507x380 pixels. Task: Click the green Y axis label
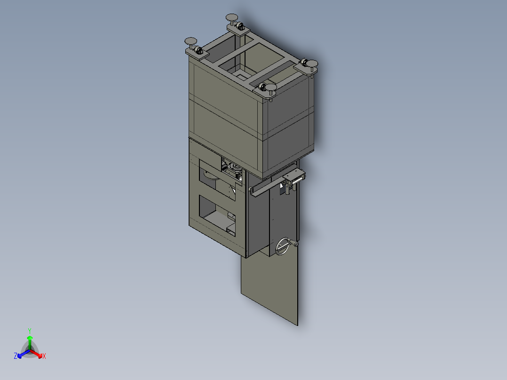(x=30, y=331)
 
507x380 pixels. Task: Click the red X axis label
(x=44, y=356)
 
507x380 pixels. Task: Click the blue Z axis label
(x=16, y=356)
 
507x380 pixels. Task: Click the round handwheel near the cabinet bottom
(x=283, y=246)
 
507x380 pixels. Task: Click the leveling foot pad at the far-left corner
(x=191, y=41)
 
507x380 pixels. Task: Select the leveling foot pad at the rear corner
(x=233, y=17)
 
